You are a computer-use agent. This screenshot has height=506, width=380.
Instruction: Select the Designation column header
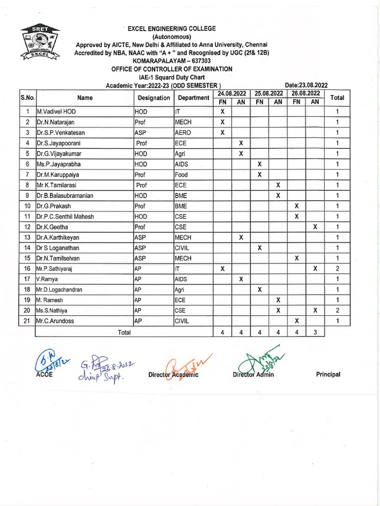tap(153, 98)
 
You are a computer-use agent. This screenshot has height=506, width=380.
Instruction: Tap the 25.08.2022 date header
tap(269, 93)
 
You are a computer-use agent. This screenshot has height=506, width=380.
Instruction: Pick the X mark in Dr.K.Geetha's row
tap(315, 227)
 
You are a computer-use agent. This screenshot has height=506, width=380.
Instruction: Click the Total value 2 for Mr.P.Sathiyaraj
tap(337, 269)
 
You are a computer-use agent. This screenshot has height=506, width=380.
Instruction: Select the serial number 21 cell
tap(28, 321)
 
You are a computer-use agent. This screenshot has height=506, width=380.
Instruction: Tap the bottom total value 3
tap(315, 333)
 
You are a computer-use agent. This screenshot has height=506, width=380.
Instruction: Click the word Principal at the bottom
tap(328, 375)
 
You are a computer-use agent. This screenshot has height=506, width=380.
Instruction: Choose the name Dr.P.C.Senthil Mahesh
tap(65, 216)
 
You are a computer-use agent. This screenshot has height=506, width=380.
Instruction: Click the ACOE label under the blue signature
tap(44, 375)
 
